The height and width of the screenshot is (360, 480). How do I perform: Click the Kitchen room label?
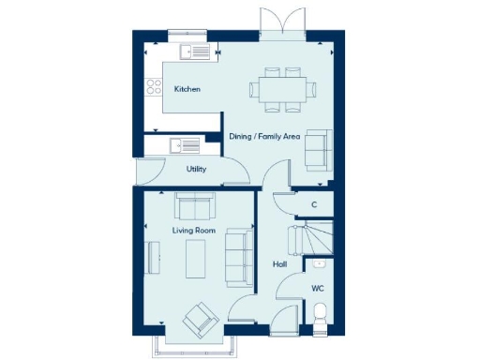[x=187, y=89]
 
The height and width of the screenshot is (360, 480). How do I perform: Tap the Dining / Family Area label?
[x=264, y=137]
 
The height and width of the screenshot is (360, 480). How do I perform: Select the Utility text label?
[x=196, y=170]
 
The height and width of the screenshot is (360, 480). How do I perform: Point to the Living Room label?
[x=194, y=230]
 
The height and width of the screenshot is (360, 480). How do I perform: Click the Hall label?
[x=279, y=264]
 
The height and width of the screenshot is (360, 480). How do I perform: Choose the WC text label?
[x=317, y=289]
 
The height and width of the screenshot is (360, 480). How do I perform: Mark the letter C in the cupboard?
[x=313, y=204]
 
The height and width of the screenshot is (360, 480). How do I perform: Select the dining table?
[x=282, y=89]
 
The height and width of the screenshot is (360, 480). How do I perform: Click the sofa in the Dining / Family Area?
[x=318, y=149]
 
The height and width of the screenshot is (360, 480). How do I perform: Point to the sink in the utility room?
[x=184, y=145]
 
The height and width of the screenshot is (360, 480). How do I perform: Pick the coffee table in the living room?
[x=197, y=259]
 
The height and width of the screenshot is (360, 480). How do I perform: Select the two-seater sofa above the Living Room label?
[x=194, y=204]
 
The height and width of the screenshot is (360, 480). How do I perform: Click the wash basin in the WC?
[x=320, y=265]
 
